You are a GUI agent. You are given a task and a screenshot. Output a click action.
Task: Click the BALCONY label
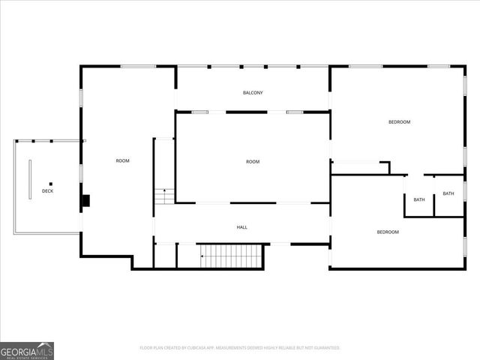[253, 93]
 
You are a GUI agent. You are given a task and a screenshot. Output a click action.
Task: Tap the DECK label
[47, 191]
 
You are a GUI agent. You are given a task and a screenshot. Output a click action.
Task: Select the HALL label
[241, 227]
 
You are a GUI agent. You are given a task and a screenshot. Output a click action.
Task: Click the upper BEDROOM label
[399, 122]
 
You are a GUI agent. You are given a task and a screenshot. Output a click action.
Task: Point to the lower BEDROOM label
[388, 232]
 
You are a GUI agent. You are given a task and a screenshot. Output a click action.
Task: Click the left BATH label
[419, 199]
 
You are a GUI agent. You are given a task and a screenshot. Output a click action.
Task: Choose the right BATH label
[448, 193]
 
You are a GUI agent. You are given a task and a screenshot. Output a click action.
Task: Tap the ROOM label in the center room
[253, 162]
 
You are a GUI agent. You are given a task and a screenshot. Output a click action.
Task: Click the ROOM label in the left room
[122, 161]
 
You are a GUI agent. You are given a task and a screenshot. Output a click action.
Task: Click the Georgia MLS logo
[27, 350]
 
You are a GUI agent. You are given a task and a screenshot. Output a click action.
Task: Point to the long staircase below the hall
[231, 256]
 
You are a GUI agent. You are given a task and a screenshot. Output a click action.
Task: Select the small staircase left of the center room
[164, 196]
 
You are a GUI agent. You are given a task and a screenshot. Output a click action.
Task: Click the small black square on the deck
[51, 184]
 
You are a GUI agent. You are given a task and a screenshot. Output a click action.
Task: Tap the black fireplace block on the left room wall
[86, 200]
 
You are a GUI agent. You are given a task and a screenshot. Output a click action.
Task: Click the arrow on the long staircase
[202, 256]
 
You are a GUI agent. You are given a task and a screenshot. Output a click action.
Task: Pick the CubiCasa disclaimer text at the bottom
[240, 348]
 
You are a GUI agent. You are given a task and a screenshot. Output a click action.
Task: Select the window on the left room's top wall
[138, 67]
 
